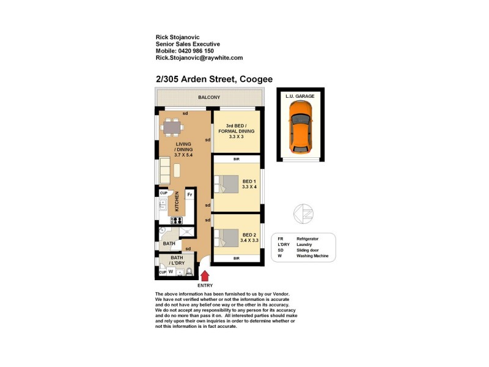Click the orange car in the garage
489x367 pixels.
coord(300,127)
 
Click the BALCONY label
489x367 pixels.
coord(209,98)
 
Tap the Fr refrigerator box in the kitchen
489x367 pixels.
coord(190,195)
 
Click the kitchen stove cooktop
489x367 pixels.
coord(178,221)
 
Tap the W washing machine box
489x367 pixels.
coord(171,272)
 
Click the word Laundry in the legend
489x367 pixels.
coord(305,244)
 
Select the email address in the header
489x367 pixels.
coord(199,58)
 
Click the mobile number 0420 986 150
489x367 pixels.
coord(201,51)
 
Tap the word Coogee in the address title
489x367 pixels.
coord(256,79)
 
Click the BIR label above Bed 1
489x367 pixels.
coord(237,160)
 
